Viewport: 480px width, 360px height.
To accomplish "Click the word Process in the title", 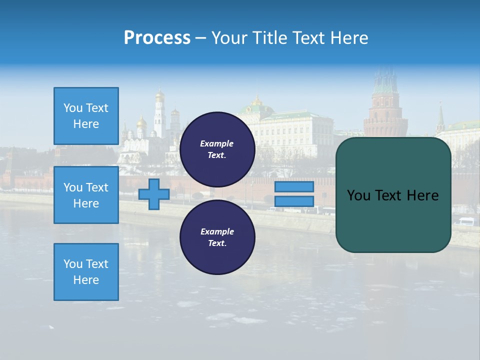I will tap(157, 38).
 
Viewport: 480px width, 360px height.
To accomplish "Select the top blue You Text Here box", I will tap(86, 116).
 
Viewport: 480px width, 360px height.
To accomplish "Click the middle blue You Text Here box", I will tap(86, 195).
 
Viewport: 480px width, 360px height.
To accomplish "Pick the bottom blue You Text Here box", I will tap(86, 272).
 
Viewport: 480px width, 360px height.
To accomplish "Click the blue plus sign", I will tap(154, 194).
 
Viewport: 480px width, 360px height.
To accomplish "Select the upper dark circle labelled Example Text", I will tap(217, 149).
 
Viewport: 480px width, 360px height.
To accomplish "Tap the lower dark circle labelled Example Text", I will tap(217, 237).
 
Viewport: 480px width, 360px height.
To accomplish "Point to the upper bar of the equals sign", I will tap(294, 187).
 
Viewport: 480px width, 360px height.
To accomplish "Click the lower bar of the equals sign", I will tap(294, 201).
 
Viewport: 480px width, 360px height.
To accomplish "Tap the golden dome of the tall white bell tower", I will tap(159, 94).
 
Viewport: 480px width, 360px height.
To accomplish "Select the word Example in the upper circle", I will tap(217, 143).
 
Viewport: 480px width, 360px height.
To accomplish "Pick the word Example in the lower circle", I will tap(217, 231).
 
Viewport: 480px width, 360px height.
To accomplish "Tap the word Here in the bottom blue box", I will tap(86, 280).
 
